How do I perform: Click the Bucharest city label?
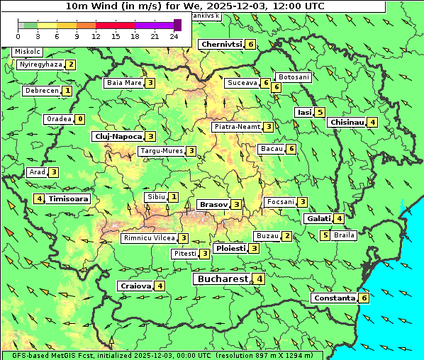[222, 279]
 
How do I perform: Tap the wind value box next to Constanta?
[364, 298]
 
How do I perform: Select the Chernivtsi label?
[222, 44]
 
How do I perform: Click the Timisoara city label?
[69, 199]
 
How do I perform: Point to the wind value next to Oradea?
[80, 119]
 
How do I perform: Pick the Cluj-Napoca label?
[118, 136]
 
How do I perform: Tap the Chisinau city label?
[347, 122]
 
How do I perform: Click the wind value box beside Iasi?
[320, 112]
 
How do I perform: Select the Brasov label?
[213, 204]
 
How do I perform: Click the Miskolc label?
[28, 52]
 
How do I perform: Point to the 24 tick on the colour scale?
[174, 36]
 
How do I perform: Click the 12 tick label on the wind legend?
[96, 36]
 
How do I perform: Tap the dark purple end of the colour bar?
[177, 25]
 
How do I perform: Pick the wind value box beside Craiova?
[161, 286]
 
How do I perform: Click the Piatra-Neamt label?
[237, 127]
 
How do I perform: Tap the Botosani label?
[294, 77]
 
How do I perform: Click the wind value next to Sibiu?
[174, 196]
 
